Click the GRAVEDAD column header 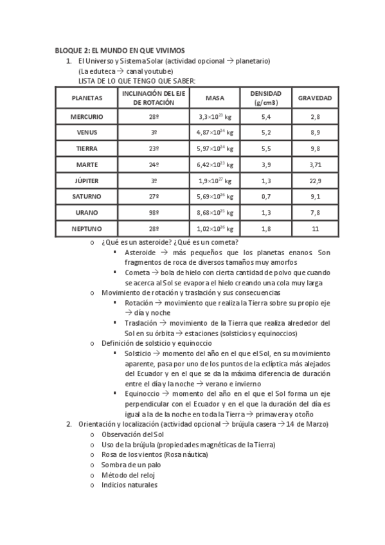[x=314, y=98]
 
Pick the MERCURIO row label [x=87, y=117]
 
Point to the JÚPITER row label [x=87, y=181]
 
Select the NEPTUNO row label [x=87, y=228]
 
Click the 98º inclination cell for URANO [x=154, y=212]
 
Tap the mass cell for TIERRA [x=215, y=148]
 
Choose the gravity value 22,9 [x=314, y=181]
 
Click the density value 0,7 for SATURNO [x=265, y=197]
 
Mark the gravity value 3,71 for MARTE [x=314, y=165]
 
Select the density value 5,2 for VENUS [x=265, y=133]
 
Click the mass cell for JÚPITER [x=215, y=181]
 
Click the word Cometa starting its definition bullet [x=138, y=272]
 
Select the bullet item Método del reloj [x=128, y=476]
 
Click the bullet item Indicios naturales [x=129, y=485]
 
